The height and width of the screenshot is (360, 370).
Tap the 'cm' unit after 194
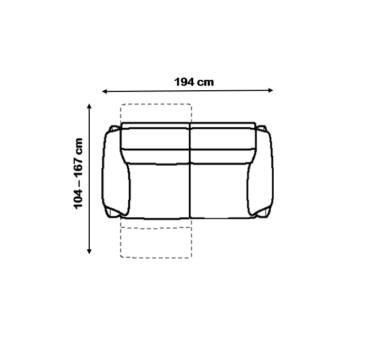206,83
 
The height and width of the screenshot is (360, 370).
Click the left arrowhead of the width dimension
105,91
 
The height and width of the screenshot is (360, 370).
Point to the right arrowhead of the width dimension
271,90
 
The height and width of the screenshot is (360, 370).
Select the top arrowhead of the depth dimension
89,106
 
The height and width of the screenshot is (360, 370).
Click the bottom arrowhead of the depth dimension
89,252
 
